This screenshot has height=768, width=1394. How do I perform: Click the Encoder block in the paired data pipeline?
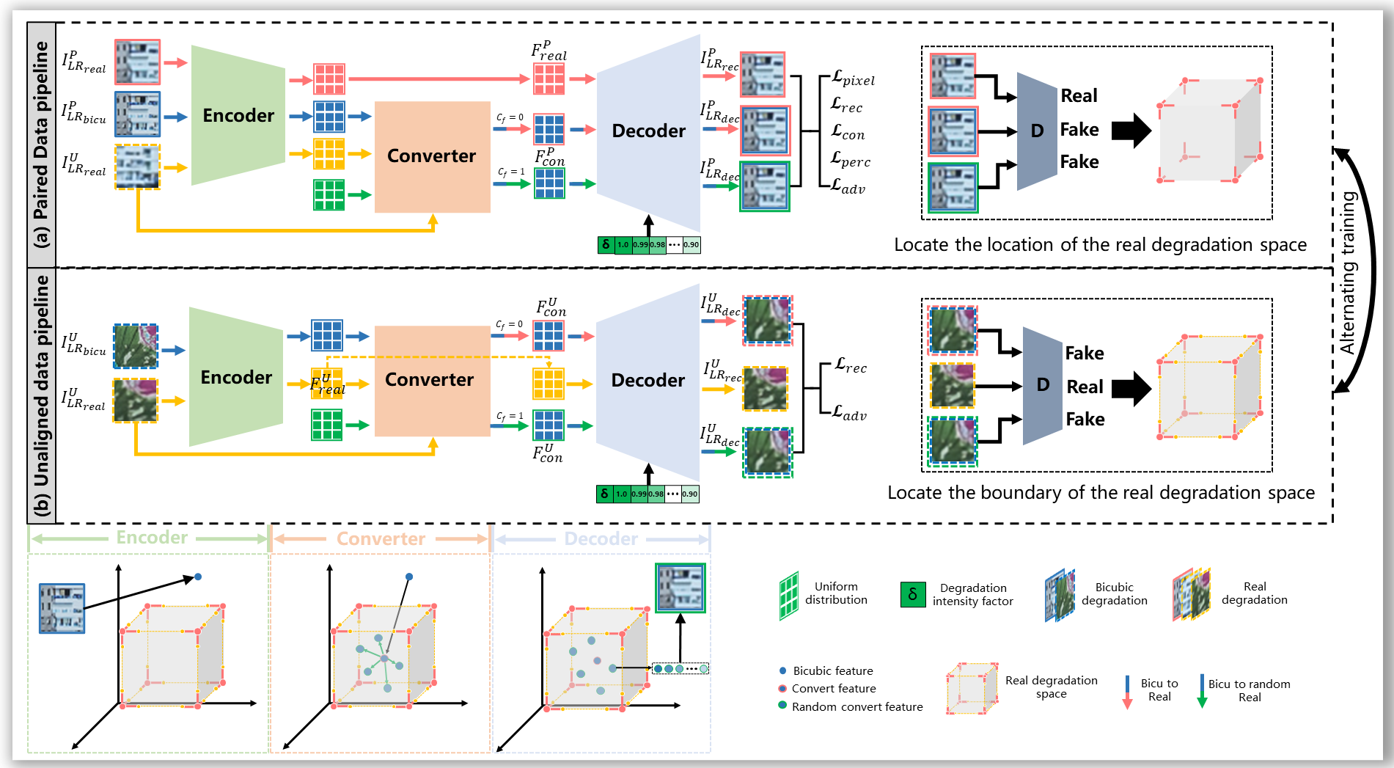click(x=238, y=115)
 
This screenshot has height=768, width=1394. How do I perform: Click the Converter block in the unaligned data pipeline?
click(x=430, y=380)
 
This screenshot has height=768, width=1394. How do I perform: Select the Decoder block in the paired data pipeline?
click(x=648, y=131)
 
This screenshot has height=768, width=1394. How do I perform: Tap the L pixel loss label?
click(x=853, y=79)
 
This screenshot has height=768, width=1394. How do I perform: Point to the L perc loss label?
click(x=851, y=160)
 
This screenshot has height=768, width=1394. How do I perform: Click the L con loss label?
click(x=848, y=133)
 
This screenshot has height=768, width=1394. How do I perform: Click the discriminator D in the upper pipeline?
click(x=1037, y=131)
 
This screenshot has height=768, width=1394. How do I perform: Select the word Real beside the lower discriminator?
click(x=1085, y=387)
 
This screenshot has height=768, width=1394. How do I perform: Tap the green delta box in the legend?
click(x=912, y=594)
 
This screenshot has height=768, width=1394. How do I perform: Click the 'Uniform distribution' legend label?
click(x=836, y=593)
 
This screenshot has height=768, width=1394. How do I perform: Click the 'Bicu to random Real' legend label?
click(x=1249, y=690)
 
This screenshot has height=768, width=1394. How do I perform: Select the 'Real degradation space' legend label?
click(x=1051, y=687)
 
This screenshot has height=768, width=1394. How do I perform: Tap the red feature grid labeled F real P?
click(x=549, y=78)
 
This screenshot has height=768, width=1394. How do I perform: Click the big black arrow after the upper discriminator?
click(x=1131, y=131)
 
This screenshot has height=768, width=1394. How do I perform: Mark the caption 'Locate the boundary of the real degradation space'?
click(x=1101, y=492)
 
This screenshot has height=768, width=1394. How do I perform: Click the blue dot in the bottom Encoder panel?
click(x=198, y=577)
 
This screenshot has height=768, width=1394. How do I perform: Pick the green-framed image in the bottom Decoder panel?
click(x=681, y=588)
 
